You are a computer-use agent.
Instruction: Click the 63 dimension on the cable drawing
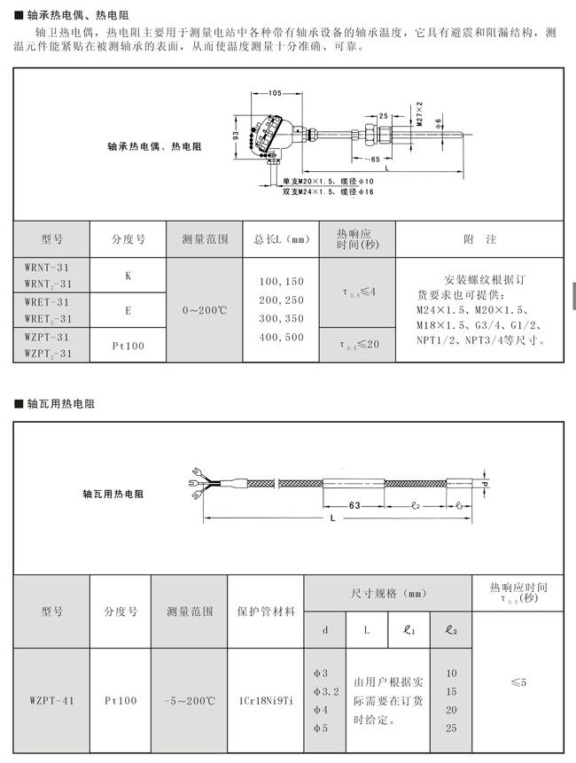pyautogui.click(x=353, y=503)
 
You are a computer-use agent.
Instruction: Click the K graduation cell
pyautogui.click(x=128, y=276)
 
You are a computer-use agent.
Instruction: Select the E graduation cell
pyautogui.click(x=128, y=310)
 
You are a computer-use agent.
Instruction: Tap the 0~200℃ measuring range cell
pyautogui.click(x=205, y=310)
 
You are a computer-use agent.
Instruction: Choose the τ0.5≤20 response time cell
pyautogui.click(x=357, y=345)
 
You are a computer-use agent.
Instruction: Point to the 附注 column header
pyautogui.click(x=479, y=239)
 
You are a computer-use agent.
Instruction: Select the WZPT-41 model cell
pyautogui.click(x=51, y=700)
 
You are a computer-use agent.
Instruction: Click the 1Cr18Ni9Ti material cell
pyautogui.click(x=265, y=700)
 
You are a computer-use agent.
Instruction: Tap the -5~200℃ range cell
pyautogui.click(x=189, y=700)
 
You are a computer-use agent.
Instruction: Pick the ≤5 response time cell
pyautogui.click(x=518, y=682)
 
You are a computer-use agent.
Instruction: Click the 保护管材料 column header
pyautogui.click(x=266, y=611)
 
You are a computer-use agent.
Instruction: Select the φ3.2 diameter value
pyautogui.click(x=324, y=691)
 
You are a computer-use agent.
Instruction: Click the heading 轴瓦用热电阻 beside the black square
pyautogui.click(x=59, y=403)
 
